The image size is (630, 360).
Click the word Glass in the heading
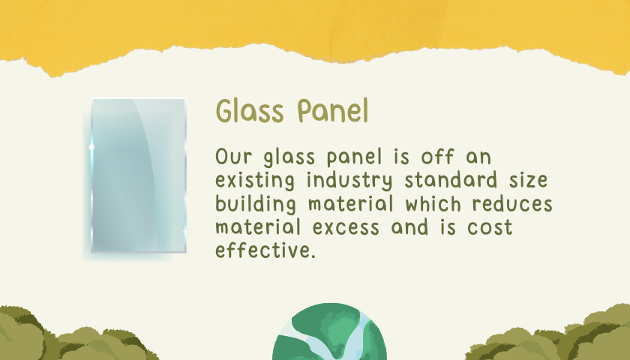pyautogui.click(x=250, y=110)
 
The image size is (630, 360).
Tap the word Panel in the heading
pyautogui.click(x=333, y=110)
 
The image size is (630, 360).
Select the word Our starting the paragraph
pyautogui.click(x=234, y=156)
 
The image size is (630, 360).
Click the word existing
pyautogui.click(x=255, y=181)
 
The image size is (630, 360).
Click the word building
pyautogui.click(x=256, y=204)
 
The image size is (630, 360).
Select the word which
pyautogui.click(x=433, y=203)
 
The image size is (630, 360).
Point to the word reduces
pyautogui.click(x=512, y=203)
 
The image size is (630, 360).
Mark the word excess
pyautogui.click(x=346, y=227)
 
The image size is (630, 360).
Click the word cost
pyautogui.click(x=490, y=227)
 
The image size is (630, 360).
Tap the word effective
pyautogui.click(x=265, y=250)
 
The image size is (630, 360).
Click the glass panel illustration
pyautogui.click(x=138, y=175)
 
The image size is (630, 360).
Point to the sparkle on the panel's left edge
pyautogui.click(x=92, y=147)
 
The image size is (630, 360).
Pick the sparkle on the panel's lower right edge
pyautogui.click(x=185, y=232)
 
